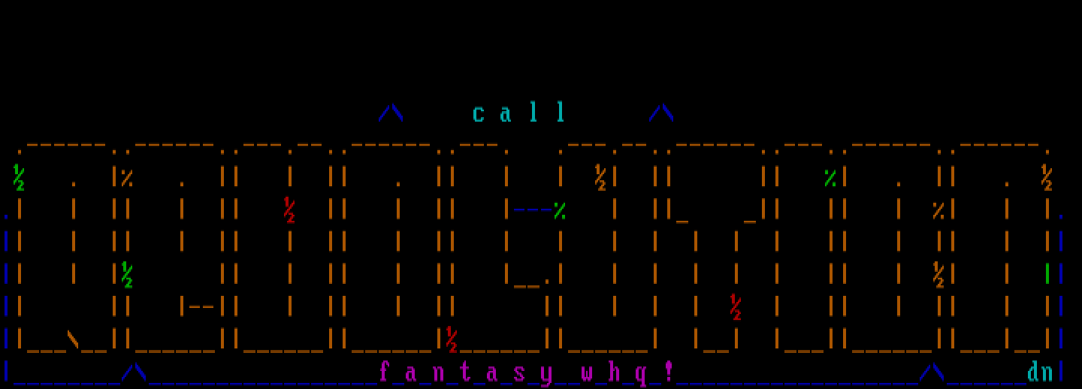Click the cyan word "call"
[x=519, y=113]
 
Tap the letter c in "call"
[x=479, y=114]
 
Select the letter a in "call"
[x=506, y=114]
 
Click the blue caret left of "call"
[x=391, y=113]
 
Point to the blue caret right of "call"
[x=661, y=113]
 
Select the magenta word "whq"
[x=614, y=372]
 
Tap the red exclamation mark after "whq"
[x=668, y=371]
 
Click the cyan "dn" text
[x=1040, y=372]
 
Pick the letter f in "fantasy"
[x=384, y=372]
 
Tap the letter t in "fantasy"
[x=465, y=372]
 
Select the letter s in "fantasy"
[x=519, y=372]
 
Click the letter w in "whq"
[x=587, y=372]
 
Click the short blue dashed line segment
[x=532, y=211]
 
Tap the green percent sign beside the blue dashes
[x=560, y=211]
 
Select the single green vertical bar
[x=1047, y=274]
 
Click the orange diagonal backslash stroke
[x=73, y=339]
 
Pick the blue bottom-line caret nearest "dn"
[x=932, y=372]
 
